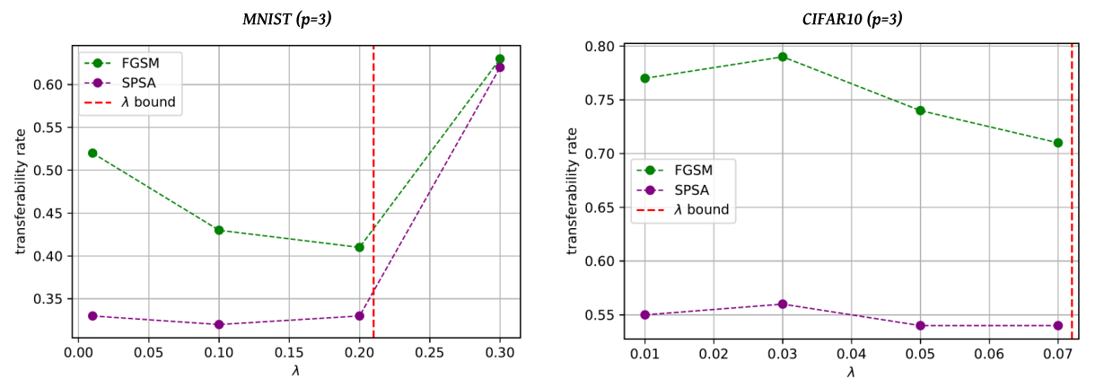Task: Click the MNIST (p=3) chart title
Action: pyautogui.click(x=287, y=19)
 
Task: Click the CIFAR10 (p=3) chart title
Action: pyautogui.click(x=852, y=19)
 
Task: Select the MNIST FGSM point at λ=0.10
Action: pyautogui.click(x=219, y=230)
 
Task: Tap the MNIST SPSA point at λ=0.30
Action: pyautogui.click(x=500, y=67)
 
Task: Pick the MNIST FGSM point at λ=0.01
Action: pyautogui.click(x=92, y=154)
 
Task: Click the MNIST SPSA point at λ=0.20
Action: pyautogui.click(x=359, y=316)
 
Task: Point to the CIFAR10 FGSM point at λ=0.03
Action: pyautogui.click(x=782, y=57)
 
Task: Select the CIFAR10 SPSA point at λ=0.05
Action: pyautogui.click(x=920, y=326)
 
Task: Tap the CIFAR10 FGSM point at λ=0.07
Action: pyautogui.click(x=1057, y=143)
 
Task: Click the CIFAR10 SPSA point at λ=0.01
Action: pyautogui.click(x=644, y=315)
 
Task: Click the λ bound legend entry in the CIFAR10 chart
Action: pyautogui.click(x=683, y=209)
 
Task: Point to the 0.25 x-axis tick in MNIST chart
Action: pyautogui.click(x=430, y=352)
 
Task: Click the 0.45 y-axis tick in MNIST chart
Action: pyautogui.click(x=48, y=214)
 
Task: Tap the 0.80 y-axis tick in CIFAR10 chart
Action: pyautogui.click(x=600, y=47)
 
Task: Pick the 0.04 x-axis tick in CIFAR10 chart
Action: pyautogui.click(x=851, y=354)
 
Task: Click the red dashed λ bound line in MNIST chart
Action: pyautogui.click(x=373, y=192)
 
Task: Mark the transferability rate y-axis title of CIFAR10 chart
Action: pyautogui.click(x=572, y=191)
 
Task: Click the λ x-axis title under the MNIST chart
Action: pyautogui.click(x=295, y=371)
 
